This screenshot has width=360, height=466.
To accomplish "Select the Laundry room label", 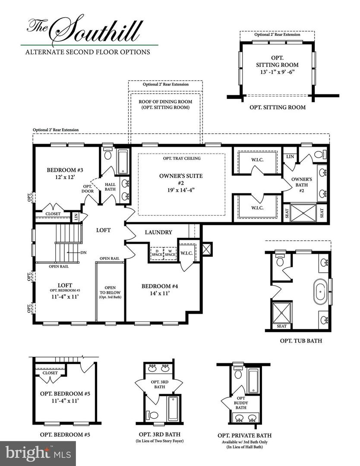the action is [158, 233].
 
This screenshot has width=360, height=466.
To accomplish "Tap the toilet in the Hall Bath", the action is [107, 153].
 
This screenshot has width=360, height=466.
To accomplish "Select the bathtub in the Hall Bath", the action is [123, 162].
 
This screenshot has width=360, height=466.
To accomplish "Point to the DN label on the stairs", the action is [84, 252].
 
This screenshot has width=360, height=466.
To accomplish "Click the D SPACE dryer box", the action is [157, 253].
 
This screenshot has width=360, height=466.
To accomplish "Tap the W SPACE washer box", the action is [170, 253].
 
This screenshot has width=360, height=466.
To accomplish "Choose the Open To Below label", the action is [110, 292].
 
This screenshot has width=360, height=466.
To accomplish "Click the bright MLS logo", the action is [38, 453].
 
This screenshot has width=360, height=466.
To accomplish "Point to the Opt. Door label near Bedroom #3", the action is [88, 189].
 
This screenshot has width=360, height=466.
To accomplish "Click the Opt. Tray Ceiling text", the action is [182, 158].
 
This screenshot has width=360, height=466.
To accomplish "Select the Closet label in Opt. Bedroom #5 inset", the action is [50, 373].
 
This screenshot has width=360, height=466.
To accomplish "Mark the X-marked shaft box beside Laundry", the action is [207, 249].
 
